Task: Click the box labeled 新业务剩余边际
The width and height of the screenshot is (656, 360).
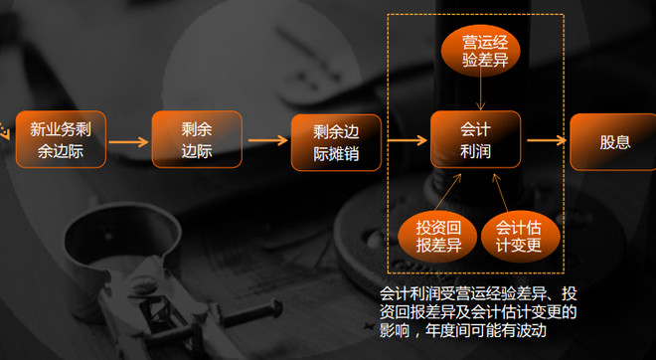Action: tap(60, 139)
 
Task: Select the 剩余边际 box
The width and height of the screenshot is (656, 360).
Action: tap(197, 140)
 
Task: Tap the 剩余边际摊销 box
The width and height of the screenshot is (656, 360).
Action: tap(336, 142)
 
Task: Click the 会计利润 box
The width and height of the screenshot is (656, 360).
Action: tap(476, 140)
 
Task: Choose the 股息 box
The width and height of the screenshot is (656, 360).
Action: tap(613, 142)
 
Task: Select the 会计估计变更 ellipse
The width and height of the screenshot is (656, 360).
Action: tap(519, 234)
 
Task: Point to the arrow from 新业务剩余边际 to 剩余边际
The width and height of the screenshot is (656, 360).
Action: tap(128, 141)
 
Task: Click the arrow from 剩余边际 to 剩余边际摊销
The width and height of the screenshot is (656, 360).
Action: tap(266, 141)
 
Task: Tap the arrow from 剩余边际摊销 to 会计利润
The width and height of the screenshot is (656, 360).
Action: tap(405, 141)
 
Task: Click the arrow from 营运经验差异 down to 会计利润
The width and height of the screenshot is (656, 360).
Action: tap(480, 93)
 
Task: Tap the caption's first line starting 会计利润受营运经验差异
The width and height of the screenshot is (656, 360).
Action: tap(478, 293)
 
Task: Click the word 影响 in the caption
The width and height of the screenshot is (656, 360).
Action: tap(397, 330)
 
